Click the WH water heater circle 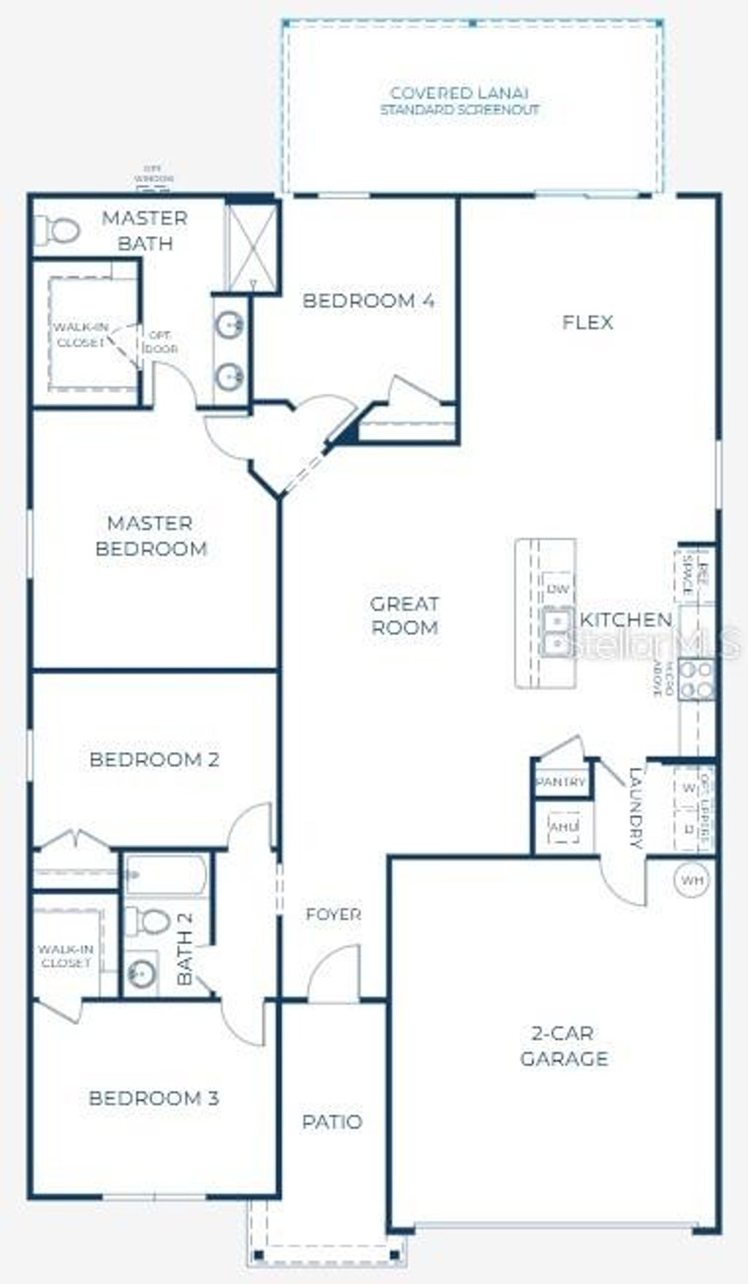692,880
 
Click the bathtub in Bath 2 165,874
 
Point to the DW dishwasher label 557,589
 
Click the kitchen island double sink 557,632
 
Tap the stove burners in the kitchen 696,679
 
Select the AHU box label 563,827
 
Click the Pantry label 561,782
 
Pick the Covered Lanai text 459,94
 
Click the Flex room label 587,322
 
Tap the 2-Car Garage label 564,1046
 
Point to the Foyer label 333,914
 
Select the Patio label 332,1122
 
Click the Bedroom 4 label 369,300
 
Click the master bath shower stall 251,248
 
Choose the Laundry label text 636,808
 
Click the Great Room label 405,615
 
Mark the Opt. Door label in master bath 161,341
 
